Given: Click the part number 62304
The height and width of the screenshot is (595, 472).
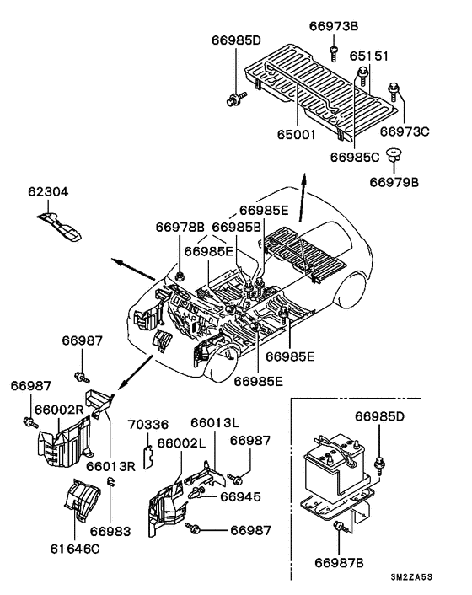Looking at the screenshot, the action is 48,191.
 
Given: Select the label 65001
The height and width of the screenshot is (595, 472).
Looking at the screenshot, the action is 296,134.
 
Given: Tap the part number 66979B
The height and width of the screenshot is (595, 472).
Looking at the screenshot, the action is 394,182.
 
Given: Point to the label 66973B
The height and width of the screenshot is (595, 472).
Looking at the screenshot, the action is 334,26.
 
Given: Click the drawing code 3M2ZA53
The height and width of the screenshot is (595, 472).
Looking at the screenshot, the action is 411,577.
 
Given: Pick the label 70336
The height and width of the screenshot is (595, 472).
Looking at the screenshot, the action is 148,424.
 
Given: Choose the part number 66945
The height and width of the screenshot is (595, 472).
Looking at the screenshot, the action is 240,496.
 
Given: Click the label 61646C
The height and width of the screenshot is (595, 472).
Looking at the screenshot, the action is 75,549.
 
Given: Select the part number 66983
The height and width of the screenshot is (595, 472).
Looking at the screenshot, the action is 110,531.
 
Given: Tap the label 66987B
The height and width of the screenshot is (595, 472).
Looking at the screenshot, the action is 339,563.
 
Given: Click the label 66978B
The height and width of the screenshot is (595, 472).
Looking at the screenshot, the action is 180,228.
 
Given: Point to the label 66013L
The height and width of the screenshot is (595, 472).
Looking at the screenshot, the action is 215,422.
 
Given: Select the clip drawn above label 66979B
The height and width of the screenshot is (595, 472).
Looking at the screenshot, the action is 394,154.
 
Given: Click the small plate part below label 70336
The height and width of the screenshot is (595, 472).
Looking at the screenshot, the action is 148,458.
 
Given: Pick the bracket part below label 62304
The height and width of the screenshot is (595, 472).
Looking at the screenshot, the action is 59,227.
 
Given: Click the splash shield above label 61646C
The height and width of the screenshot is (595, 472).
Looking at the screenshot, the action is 82,500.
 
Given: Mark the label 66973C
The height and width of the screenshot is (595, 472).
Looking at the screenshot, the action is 405,131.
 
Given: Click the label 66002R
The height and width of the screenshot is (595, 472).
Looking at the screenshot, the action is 59,410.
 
